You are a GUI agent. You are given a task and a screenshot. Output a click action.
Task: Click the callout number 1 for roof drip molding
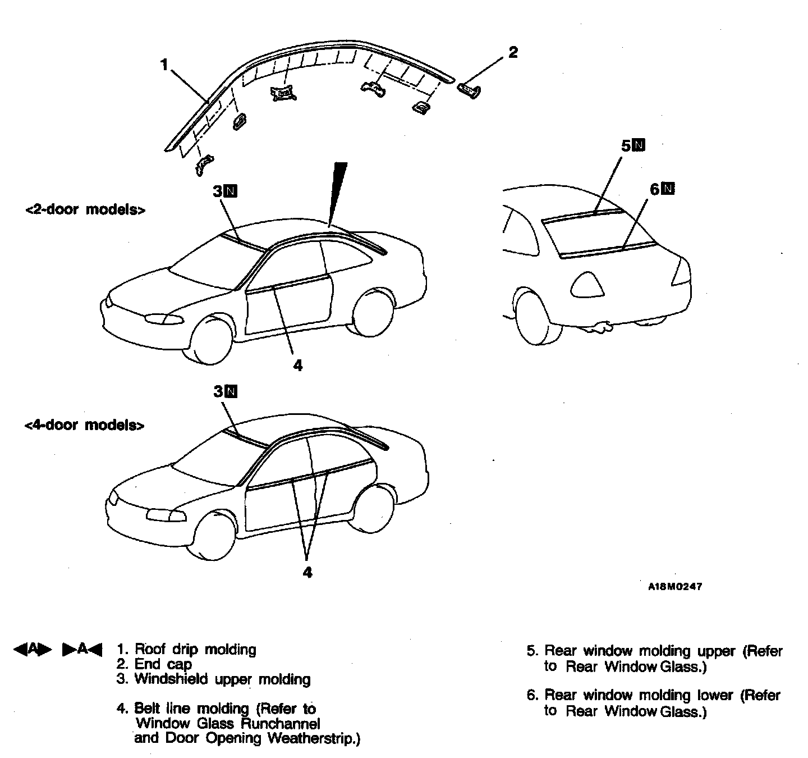coord(164,65)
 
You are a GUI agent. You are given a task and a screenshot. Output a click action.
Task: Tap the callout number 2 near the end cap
coord(512,52)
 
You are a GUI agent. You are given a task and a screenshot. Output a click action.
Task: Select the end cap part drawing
coord(469,90)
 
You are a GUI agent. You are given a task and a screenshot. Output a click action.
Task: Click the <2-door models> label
coord(85,210)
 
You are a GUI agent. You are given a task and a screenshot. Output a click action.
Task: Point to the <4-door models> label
coord(84,425)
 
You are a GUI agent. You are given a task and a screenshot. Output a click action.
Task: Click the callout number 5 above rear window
coord(626,145)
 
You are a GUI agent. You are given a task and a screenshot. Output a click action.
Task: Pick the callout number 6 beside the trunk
coord(655,189)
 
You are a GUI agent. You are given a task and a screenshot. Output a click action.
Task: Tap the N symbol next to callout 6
coord(668,189)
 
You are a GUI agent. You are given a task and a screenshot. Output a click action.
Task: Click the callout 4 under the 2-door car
coord(297,366)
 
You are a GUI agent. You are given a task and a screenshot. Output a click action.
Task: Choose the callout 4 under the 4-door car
coord(307,572)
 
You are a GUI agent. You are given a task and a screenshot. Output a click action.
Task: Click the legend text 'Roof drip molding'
coord(195,650)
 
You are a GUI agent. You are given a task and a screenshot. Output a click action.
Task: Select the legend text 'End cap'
coord(163,665)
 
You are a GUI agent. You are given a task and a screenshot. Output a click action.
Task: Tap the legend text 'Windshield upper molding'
coord(222,679)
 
